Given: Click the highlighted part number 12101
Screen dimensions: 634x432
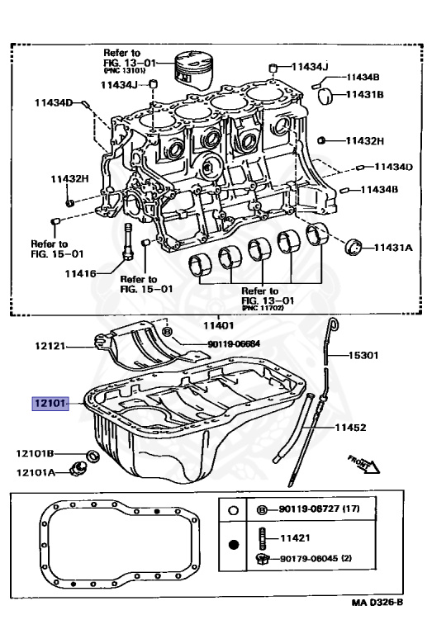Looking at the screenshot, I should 50,405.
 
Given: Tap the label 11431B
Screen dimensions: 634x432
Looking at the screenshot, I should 365,95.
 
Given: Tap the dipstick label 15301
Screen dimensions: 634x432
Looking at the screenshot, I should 362,356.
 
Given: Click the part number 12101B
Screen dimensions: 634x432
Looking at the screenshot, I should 36,453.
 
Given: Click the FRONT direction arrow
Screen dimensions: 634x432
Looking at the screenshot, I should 363,461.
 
